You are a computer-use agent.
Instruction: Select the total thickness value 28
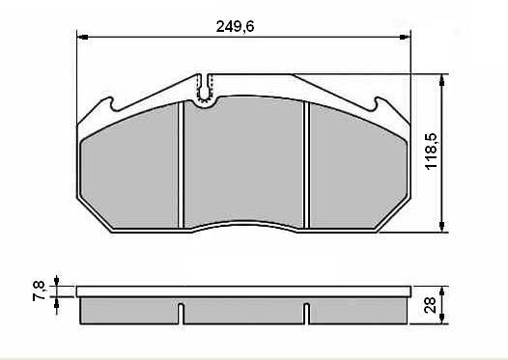tap(432, 308)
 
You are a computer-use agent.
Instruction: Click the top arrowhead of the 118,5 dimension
tap(442, 77)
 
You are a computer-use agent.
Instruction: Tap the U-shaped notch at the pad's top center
tap(204, 88)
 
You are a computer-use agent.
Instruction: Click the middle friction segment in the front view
tap(243, 164)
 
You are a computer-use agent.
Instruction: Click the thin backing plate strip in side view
tap(241, 291)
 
